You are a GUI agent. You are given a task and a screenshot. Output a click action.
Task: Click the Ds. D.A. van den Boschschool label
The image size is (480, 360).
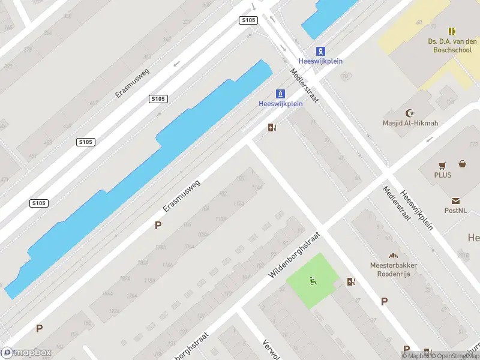click(451, 46)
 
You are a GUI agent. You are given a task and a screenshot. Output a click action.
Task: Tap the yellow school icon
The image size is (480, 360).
click(452, 31)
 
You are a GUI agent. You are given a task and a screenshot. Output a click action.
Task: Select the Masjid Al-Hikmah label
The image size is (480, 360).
click(410, 124)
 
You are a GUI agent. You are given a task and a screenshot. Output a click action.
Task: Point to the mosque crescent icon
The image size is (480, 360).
click(411, 113)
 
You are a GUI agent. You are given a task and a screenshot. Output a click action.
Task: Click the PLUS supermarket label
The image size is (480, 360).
click(443, 175)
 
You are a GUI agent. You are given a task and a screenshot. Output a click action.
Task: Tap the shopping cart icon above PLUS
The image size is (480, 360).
click(443, 164)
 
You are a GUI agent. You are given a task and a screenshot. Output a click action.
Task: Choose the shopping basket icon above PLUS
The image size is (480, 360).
click(463, 163)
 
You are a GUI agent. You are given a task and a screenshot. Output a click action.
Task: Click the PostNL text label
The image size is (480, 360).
click(455, 211)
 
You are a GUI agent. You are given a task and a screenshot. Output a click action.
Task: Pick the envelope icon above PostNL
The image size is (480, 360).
click(455, 201)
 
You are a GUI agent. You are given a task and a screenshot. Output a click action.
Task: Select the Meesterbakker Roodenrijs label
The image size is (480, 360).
click(393, 269)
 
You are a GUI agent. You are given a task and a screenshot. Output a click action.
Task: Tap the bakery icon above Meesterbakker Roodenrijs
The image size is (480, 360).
click(393, 256)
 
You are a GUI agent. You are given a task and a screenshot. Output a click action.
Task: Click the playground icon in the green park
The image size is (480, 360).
click(312, 280)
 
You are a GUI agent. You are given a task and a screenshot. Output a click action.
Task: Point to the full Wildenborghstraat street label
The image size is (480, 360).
click(292, 256)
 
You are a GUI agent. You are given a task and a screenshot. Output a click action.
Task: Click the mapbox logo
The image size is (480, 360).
click(26, 353)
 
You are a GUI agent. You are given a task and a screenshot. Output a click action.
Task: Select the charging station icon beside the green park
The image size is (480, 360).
click(351, 281)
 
